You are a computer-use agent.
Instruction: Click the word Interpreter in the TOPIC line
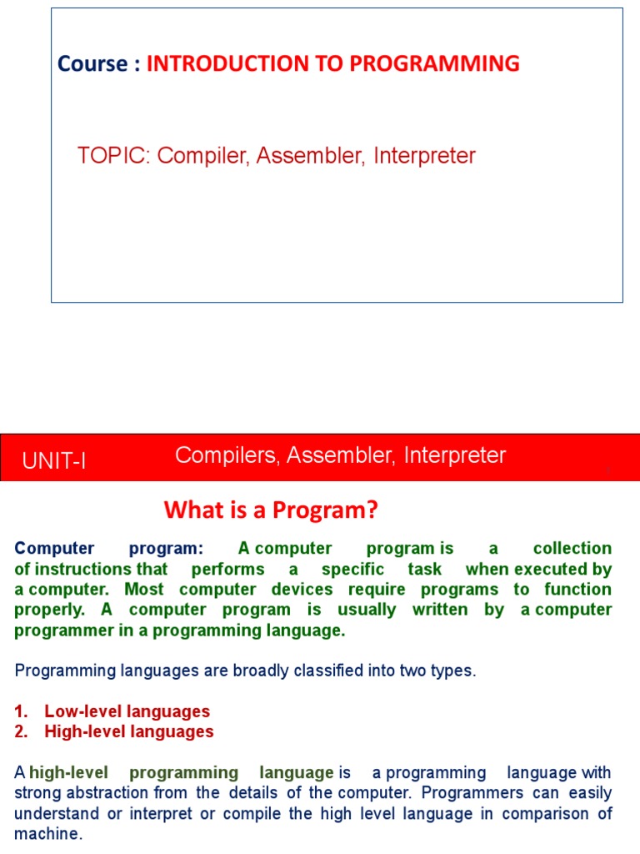tap(424, 156)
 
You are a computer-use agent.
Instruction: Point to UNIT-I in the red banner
tap(54, 461)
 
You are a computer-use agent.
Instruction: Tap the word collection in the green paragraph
tap(572, 549)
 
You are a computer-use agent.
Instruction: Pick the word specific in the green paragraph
tap(352, 570)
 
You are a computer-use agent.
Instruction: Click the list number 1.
tap(21, 712)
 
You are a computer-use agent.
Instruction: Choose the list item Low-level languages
tap(127, 712)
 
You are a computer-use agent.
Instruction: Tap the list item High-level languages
tap(128, 732)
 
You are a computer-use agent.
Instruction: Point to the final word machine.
tap(48, 833)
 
